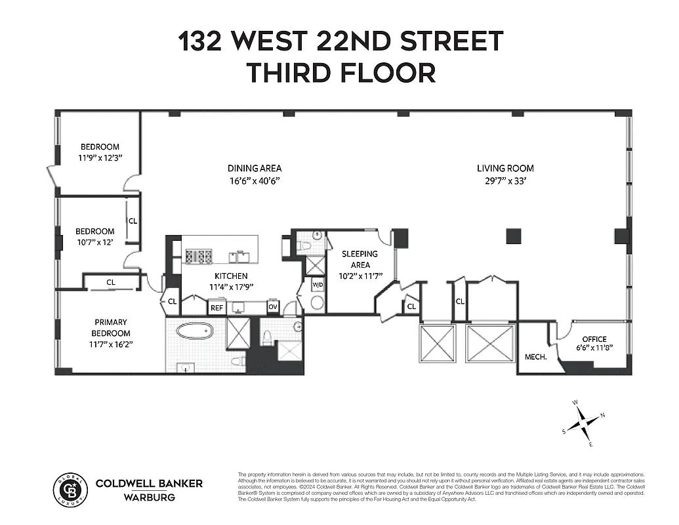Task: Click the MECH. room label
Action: [x=536, y=358]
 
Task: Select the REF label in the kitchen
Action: [x=216, y=307]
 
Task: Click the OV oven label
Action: [x=272, y=307]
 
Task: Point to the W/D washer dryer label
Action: [x=318, y=285]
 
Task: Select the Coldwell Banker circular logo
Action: [x=69, y=489]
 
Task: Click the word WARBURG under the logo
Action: [x=149, y=497]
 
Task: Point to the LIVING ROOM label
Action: [x=505, y=169]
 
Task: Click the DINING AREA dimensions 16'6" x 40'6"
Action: [x=254, y=181]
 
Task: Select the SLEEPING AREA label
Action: [x=360, y=259]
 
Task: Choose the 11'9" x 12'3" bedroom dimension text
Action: [x=100, y=159]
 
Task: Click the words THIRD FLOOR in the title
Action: [x=340, y=72]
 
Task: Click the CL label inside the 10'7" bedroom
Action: [x=133, y=221]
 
